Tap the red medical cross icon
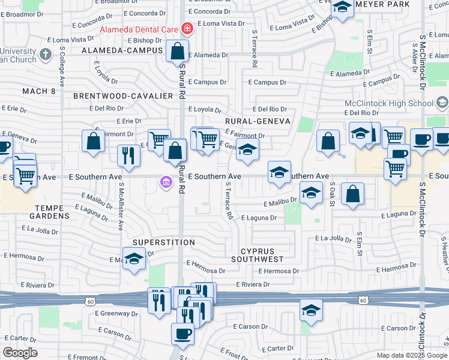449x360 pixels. point(187,28)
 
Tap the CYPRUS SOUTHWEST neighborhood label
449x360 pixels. point(262,255)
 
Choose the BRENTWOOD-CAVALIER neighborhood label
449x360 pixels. point(115,96)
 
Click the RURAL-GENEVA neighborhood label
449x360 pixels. point(258,121)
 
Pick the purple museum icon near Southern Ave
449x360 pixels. point(166,181)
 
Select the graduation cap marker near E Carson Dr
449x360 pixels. point(311,310)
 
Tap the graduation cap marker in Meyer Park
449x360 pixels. point(342,7)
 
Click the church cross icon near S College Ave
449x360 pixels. point(45,55)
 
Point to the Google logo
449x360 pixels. point(20,352)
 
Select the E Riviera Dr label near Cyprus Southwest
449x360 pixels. point(254,284)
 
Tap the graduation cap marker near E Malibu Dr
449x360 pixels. point(311,193)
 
